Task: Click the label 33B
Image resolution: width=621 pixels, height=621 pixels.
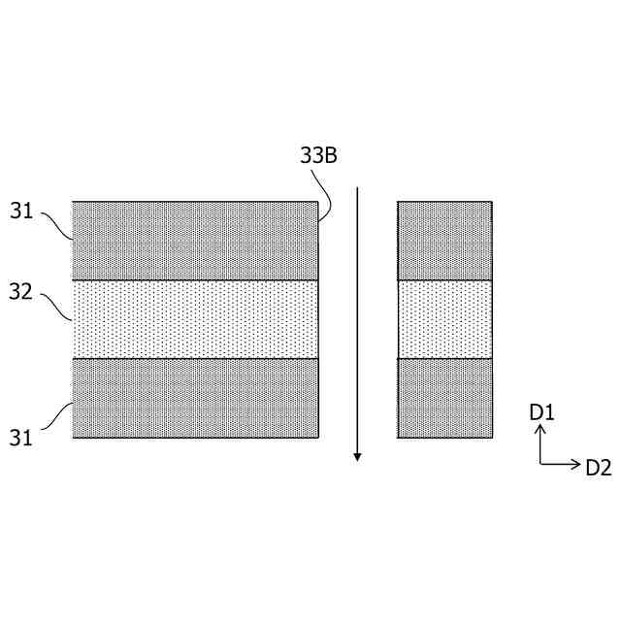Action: (318, 155)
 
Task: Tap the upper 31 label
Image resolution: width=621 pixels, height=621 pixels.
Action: (22, 211)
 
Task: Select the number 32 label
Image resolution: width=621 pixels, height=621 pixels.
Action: (22, 290)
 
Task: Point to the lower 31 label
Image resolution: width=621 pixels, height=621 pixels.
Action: (22, 438)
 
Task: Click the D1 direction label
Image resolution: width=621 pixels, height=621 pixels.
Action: (541, 412)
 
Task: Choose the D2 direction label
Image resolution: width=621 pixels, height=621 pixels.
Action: (599, 468)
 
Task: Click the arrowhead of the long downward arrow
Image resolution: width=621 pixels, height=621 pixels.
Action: (357, 455)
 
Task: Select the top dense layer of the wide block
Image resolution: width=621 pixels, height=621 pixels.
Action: (195, 241)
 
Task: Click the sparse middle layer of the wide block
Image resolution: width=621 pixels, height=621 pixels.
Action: (195, 319)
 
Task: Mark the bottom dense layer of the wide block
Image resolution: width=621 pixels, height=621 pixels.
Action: (195, 398)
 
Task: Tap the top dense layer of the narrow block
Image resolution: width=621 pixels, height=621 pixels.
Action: (444, 241)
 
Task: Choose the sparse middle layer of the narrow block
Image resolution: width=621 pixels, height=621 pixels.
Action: (444, 319)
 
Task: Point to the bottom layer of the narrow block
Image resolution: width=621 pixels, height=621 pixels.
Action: (444, 398)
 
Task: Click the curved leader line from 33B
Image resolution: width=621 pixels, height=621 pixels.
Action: (328, 194)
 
